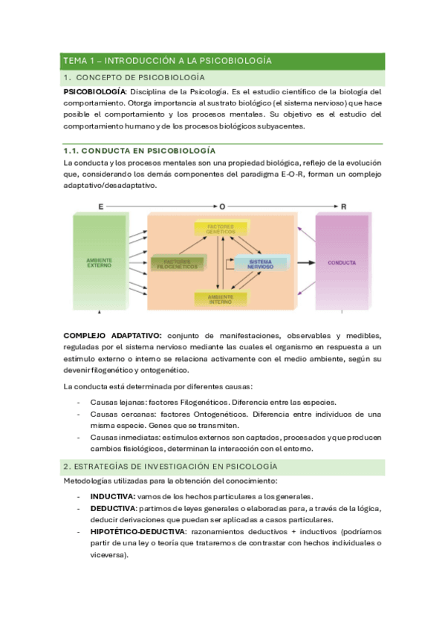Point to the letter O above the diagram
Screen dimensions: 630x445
(x=221, y=205)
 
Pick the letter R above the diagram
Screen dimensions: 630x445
(x=343, y=205)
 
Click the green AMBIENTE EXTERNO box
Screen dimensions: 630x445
(x=99, y=263)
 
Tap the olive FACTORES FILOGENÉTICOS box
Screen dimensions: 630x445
(x=178, y=263)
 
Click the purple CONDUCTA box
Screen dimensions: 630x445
(x=341, y=263)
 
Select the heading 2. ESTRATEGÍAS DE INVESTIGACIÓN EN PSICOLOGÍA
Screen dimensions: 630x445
(x=171, y=467)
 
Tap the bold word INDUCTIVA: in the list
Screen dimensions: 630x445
(x=113, y=496)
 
